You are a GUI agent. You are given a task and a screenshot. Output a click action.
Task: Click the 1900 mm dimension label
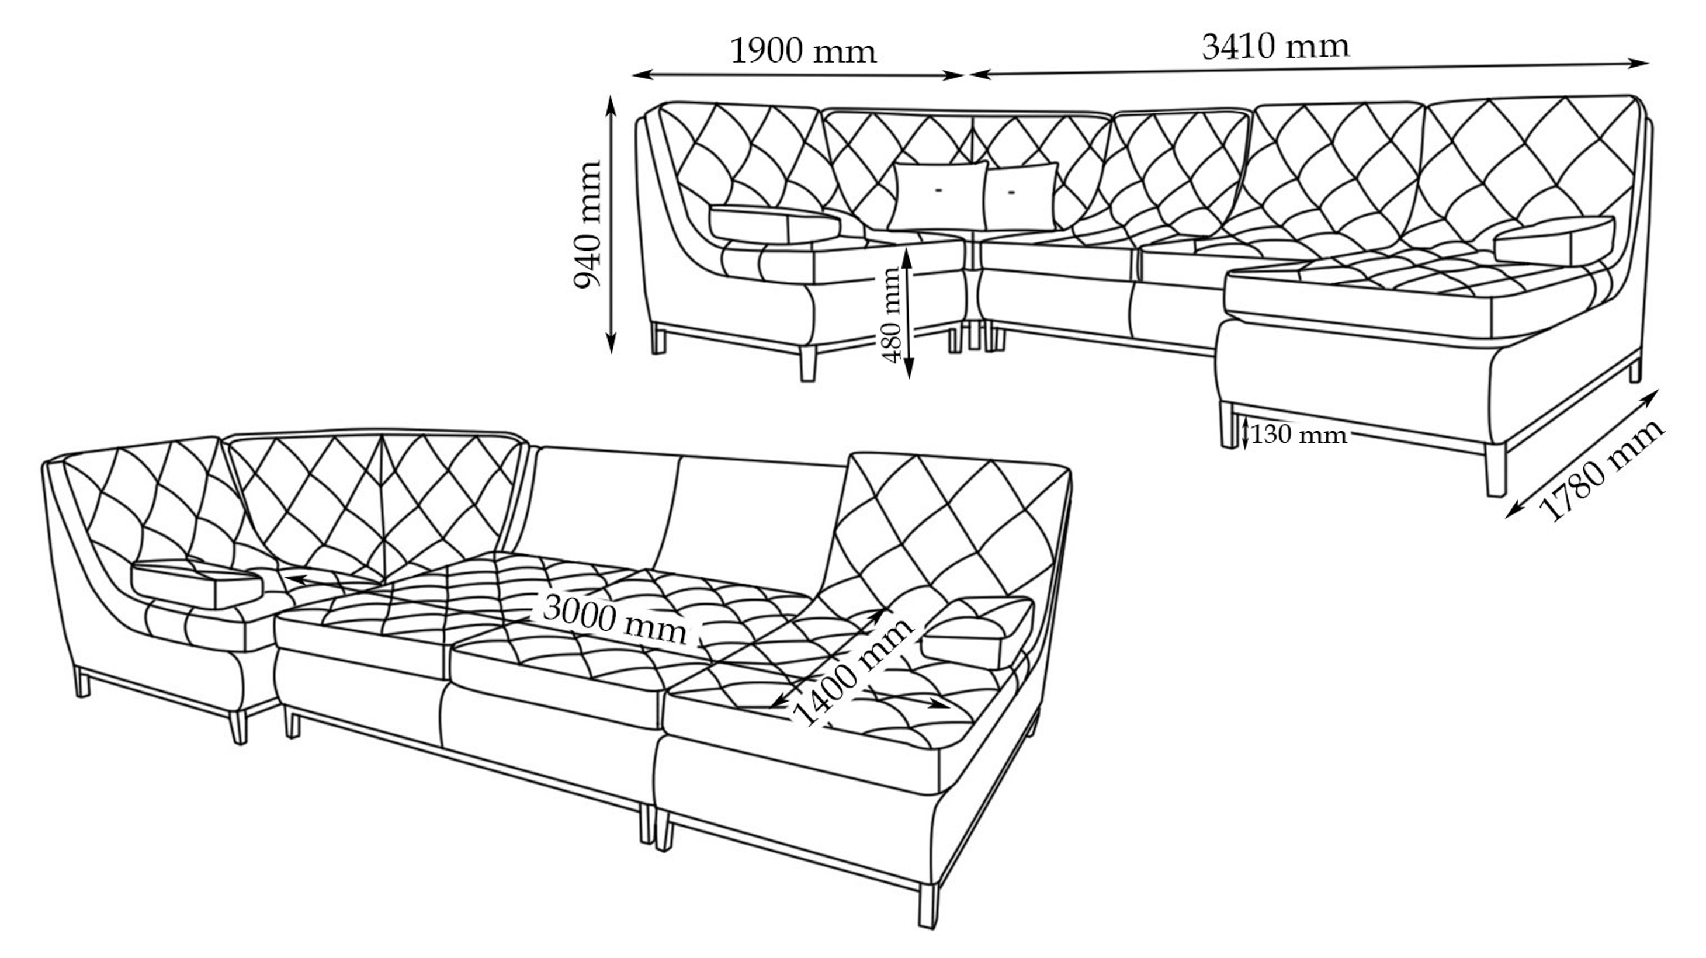pos(803,51)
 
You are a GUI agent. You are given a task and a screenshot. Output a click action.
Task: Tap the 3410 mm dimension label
pos(1275,47)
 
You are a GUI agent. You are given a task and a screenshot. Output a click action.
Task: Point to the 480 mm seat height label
pos(893,314)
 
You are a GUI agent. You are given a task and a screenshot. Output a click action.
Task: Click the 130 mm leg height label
pos(1299,435)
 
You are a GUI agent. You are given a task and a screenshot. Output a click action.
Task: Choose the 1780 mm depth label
pos(1600,470)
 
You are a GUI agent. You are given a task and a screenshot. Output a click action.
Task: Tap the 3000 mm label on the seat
pos(615,620)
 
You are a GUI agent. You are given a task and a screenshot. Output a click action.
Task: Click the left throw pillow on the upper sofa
pos(937,196)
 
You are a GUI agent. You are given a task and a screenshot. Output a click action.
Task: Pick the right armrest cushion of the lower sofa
pos(977,631)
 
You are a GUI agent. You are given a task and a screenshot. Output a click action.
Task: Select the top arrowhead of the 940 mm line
pos(611,100)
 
